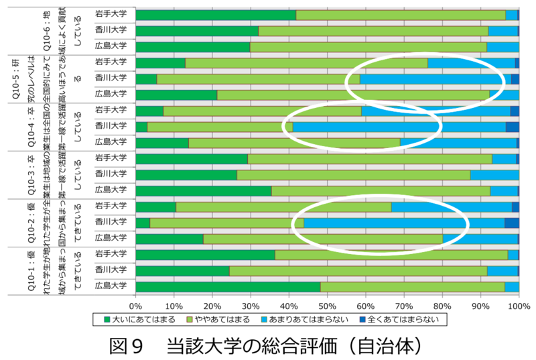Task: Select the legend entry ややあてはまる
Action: [x=228, y=319]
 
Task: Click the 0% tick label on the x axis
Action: [x=136, y=304]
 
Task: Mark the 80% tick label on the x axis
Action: [x=442, y=304]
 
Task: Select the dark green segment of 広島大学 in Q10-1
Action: [x=228, y=286]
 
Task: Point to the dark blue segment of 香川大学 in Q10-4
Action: [x=513, y=126]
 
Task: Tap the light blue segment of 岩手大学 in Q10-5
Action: [x=471, y=63]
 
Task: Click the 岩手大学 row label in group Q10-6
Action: [x=111, y=15]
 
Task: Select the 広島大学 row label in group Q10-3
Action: [x=111, y=190]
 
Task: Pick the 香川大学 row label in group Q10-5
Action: [x=111, y=78]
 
